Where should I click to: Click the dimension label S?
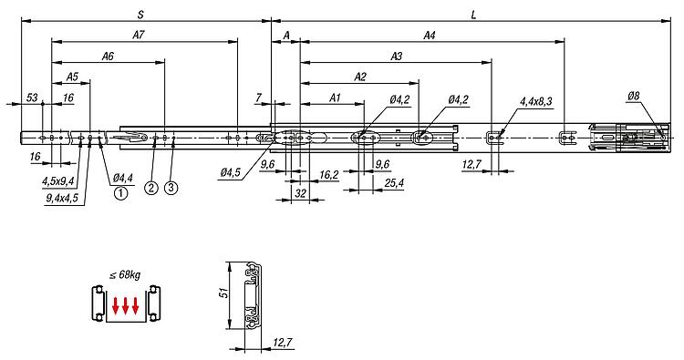click(140, 15)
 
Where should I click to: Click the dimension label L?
click(473, 15)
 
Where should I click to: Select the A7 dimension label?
click(139, 35)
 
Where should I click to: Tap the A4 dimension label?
click(430, 35)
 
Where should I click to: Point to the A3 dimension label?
click(396, 56)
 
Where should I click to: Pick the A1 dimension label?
click(334, 98)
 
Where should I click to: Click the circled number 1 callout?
click(120, 192)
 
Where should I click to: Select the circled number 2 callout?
click(151, 188)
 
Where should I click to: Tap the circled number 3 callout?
click(171, 188)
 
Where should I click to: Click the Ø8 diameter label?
click(633, 96)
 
